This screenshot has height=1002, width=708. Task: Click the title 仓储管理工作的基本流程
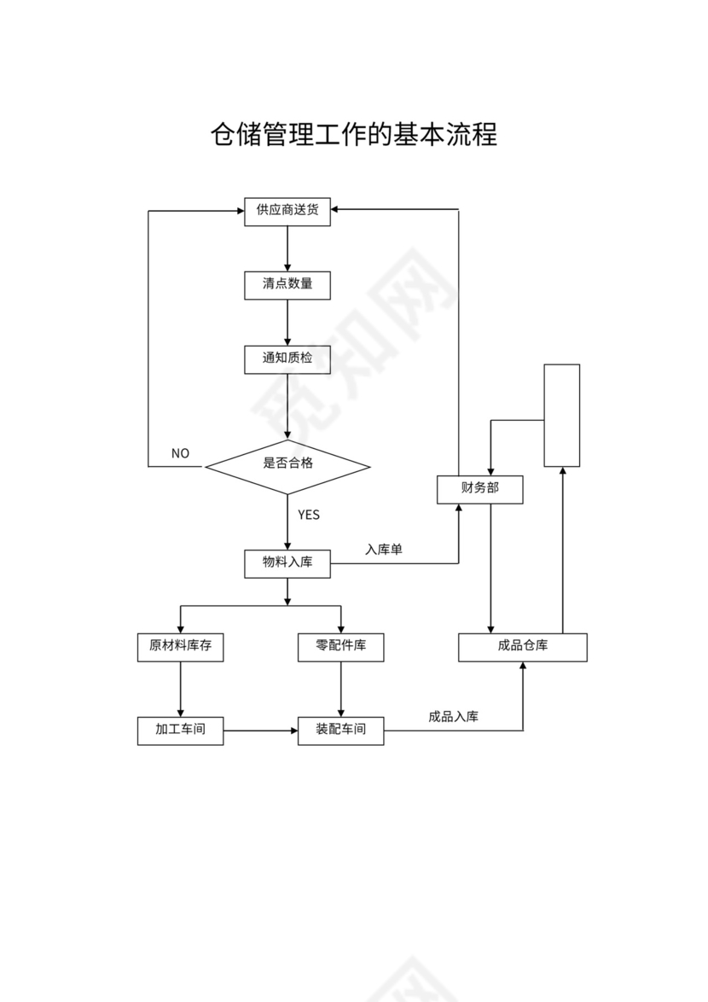pyautogui.click(x=354, y=135)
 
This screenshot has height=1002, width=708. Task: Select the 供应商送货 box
pyautogui.click(x=287, y=211)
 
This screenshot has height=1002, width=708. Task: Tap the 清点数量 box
pyautogui.click(x=287, y=284)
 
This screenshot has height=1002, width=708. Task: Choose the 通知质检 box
pyautogui.click(x=287, y=358)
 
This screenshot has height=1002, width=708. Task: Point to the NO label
pyautogui.click(x=180, y=454)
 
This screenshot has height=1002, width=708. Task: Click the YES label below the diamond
pyautogui.click(x=309, y=515)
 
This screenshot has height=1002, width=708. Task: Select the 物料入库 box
pyautogui.click(x=287, y=562)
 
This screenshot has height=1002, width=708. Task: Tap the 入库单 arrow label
pyautogui.click(x=384, y=550)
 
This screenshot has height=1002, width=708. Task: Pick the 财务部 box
pyautogui.click(x=479, y=489)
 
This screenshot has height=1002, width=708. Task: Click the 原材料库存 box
pyautogui.click(x=180, y=646)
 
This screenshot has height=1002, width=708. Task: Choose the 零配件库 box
pyautogui.click(x=340, y=646)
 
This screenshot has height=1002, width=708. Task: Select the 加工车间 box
pyautogui.click(x=180, y=731)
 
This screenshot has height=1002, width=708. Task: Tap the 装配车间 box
pyautogui.click(x=340, y=731)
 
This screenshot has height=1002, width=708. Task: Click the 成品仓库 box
pyautogui.click(x=523, y=646)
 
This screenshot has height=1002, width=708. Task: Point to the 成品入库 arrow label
pyautogui.click(x=453, y=717)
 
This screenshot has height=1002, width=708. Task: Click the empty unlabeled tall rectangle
pyautogui.click(x=562, y=416)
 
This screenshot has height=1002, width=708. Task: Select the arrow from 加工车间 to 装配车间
pyautogui.click(x=260, y=731)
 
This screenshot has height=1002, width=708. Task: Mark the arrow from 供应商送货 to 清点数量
pyautogui.click(x=287, y=248)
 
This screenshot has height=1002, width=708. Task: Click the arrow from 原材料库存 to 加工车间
pyautogui.click(x=180, y=689)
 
